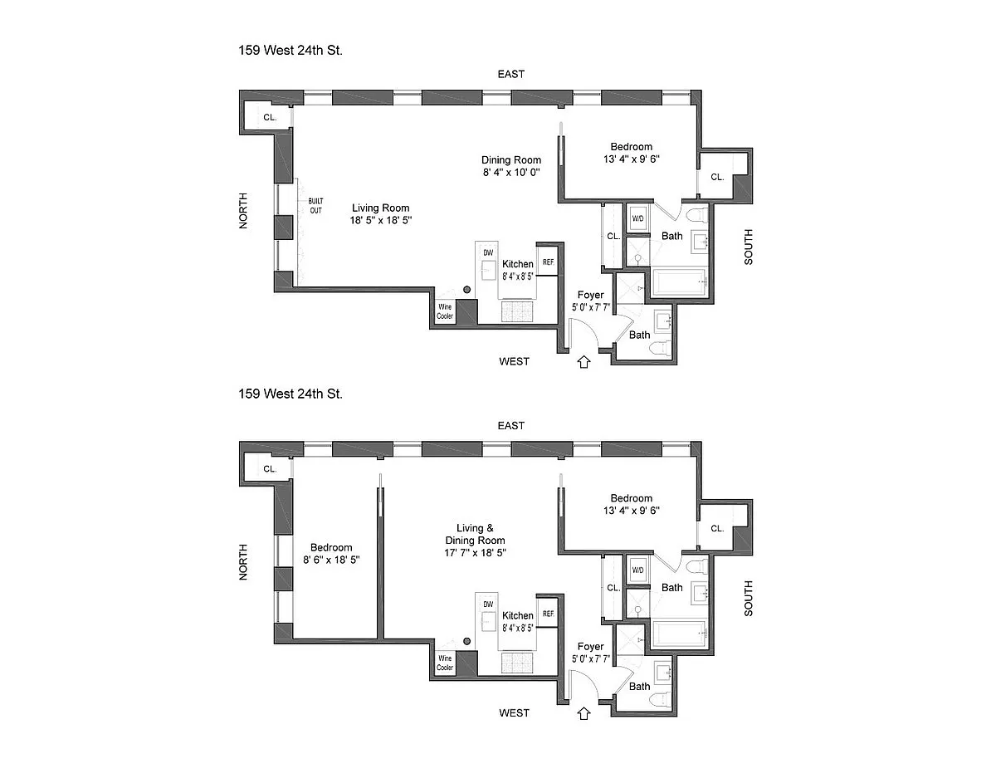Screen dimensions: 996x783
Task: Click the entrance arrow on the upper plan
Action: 584,361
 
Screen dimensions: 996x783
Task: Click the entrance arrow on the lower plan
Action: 584,712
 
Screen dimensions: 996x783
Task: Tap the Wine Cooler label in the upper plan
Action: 446,312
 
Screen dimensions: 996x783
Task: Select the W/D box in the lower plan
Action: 638,570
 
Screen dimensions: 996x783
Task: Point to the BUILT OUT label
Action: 315,206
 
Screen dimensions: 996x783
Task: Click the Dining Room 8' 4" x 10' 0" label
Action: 511,166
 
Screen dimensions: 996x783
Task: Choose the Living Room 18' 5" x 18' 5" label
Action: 380,214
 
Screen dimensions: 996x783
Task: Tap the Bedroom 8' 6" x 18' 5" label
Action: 331,554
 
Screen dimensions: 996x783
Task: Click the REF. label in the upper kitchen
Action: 548,262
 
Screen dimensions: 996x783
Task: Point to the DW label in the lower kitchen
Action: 488,604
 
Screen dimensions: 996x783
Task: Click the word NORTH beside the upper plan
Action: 244,211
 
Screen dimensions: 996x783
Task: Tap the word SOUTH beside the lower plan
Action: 749,597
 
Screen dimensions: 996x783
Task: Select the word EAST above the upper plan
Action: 511,74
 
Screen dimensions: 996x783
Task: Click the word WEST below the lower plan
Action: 515,712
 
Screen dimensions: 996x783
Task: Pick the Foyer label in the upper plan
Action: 590,296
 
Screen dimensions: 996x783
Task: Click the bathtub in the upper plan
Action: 681,283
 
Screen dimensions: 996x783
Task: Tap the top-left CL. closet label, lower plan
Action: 270,469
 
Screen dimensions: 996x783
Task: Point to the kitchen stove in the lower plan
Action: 519,662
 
